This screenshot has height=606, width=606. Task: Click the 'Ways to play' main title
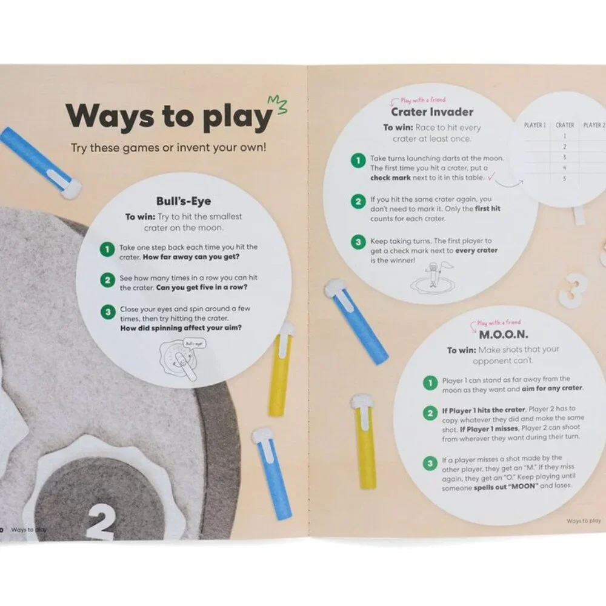(169, 116)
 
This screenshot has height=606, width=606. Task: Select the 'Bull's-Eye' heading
(184, 201)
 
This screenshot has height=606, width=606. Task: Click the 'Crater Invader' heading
(432, 112)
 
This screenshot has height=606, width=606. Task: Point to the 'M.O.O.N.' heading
(504, 335)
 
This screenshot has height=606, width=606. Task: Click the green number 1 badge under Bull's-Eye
(107, 249)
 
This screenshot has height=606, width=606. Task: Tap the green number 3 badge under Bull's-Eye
(108, 312)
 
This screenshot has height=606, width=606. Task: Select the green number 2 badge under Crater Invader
(358, 201)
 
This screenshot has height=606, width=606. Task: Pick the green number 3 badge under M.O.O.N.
(430, 463)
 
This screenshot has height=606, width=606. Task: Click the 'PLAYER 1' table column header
(535, 125)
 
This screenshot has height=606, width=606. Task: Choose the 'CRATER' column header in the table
(565, 125)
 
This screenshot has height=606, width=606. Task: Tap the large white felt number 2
(101, 522)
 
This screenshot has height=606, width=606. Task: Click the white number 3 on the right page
(573, 290)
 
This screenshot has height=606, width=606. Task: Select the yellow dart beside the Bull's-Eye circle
(281, 370)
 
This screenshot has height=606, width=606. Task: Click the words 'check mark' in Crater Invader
(390, 178)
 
